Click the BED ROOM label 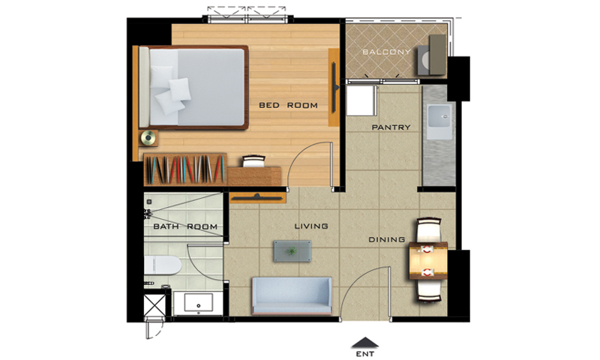coord(288,105)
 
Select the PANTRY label coord(391,127)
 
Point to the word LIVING coord(311,226)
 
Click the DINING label coord(386,240)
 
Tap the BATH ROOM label coord(185,226)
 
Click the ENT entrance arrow coord(365,343)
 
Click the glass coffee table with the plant coord(292,251)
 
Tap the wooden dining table coord(428,260)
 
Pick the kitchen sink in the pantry coord(439,121)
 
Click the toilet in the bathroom coord(162,265)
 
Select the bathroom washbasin coord(198,302)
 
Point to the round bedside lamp coord(148,138)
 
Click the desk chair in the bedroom coord(253,161)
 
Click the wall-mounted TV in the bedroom coord(334,87)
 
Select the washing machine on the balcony coord(425,60)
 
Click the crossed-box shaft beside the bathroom coord(154,305)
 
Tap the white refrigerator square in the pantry coord(360,100)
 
